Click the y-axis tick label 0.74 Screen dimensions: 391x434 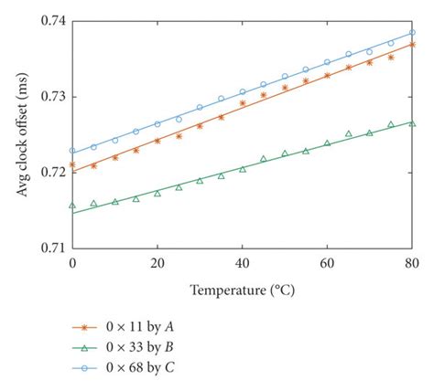click(53, 21)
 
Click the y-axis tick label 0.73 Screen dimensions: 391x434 click(53, 97)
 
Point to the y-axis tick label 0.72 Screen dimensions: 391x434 click(53, 172)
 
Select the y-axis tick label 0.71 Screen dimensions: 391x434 click(53, 247)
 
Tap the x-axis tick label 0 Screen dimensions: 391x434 click(72, 263)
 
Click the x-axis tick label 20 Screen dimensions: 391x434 click(157, 263)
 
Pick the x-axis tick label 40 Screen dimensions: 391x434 click(243, 263)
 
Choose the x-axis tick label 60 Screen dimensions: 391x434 click(327, 263)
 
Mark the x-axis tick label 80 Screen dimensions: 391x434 click(412, 263)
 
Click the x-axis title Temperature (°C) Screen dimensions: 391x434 click(242, 291)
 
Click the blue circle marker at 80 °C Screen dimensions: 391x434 click(412, 33)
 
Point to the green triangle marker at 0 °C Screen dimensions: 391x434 click(72, 206)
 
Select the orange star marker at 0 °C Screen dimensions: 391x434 click(72, 165)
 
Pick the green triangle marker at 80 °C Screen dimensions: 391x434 click(412, 124)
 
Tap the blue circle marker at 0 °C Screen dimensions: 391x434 click(72, 151)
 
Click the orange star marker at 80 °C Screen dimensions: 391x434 click(412, 44)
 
